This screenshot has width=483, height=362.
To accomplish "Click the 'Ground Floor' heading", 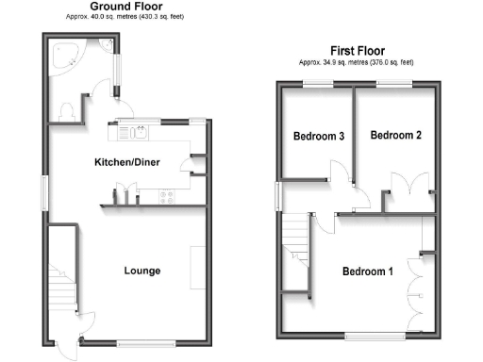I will click(123, 7).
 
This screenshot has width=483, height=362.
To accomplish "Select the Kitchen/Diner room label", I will click(126, 163).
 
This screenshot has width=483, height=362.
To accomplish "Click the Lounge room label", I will click(142, 271).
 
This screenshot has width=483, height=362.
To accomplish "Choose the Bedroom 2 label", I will click(394, 136).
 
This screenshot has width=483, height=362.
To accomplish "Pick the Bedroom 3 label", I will click(317, 137).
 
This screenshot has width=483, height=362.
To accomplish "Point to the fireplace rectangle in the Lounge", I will click(198, 267).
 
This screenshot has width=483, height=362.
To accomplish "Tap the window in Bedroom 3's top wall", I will click(317, 84).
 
